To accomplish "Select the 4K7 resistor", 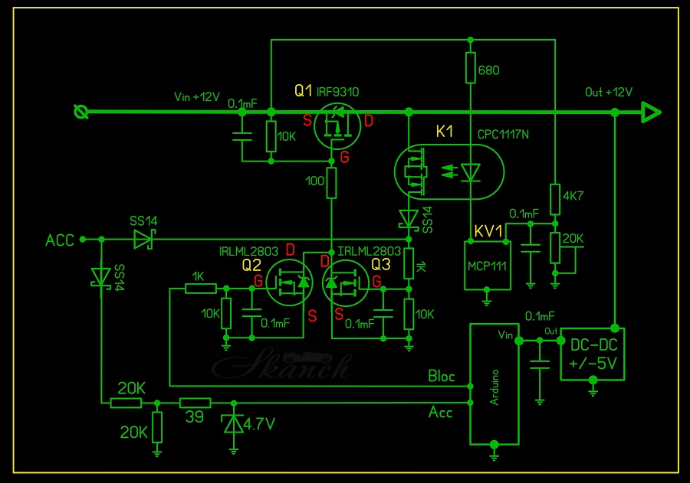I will (x=554, y=197).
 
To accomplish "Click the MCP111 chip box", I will (x=488, y=265).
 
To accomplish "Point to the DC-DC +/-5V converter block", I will (x=593, y=354).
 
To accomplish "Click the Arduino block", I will (x=494, y=383).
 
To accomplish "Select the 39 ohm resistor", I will (x=195, y=403).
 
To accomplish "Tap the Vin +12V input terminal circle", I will (x=80, y=113).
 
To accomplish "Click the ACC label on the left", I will (x=60, y=240).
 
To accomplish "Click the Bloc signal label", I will (x=441, y=376).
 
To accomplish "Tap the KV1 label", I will (x=488, y=230).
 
